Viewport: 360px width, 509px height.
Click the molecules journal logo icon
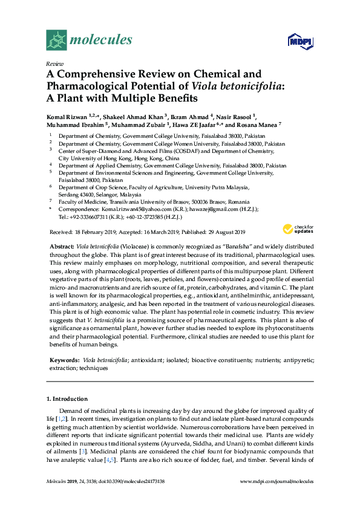click(x=56, y=40)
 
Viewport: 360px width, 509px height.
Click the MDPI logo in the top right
click(x=295, y=41)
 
